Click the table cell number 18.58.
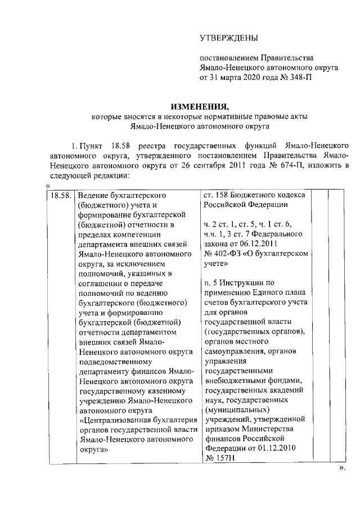(60, 196)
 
